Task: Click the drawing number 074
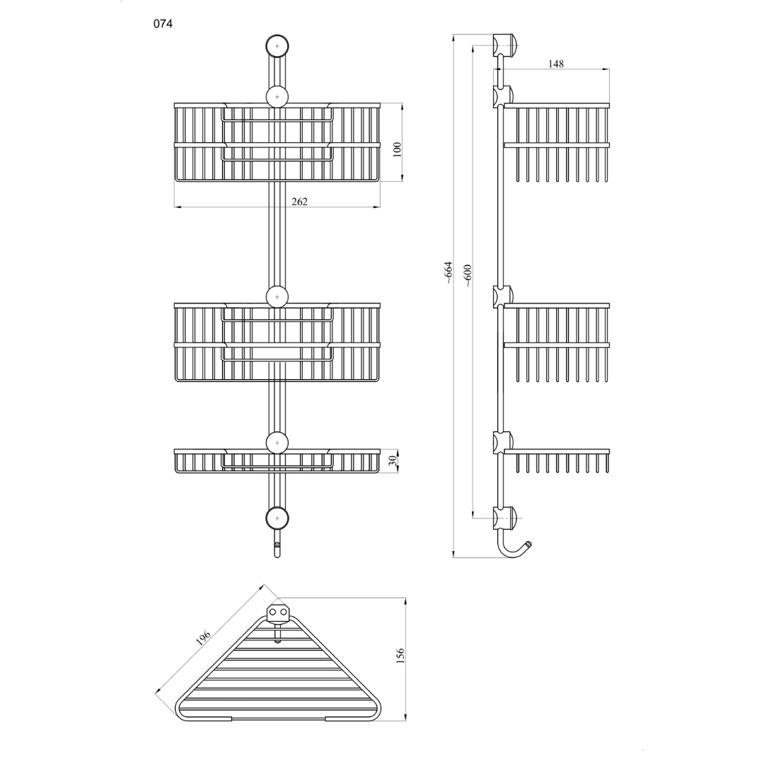pyautogui.click(x=163, y=24)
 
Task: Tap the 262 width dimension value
pyautogui.click(x=299, y=202)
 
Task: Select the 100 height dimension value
pyautogui.click(x=398, y=149)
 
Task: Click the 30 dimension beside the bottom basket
pyautogui.click(x=393, y=461)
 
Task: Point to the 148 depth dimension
pyautogui.click(x=556, y=64)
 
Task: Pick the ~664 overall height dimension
pyautogui.click(x=448, y=272)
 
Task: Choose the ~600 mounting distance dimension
pyautogui.click(x=468, y=274)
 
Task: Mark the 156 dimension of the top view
pyautogui.click(x=400, y=657)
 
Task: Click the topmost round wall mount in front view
pyautogui.click(x=277, y=47)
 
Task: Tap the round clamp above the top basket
pyautogui.click(x=277, y=96)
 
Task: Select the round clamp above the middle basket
pyautogui.click(x=277, y=296)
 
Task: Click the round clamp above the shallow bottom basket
pyautogui.click(x=277, y=442)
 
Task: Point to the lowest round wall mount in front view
pyautogui.click(x=277, y=519)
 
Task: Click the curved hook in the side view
pyautogui.click(x=514, y=549)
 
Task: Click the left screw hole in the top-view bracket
pyautogui.click(x=272, y=611)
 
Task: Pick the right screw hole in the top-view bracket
pyautogui.click(x=283, y=611)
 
